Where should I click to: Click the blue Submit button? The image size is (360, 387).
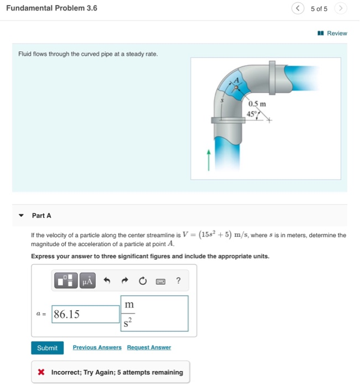click(47, 348)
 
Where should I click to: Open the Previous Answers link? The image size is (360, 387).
click(97, 348)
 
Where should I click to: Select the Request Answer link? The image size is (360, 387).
click(149, 348)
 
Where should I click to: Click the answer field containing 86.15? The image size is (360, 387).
click(86, 314)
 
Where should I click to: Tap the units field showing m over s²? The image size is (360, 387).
click(154, 313)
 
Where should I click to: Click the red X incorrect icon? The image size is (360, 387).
click(41, 372)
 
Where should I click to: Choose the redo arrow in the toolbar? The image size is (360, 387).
click(125, 281)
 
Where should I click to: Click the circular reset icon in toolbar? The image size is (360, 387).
click(143, 281)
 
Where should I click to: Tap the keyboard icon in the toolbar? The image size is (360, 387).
click(160, 281)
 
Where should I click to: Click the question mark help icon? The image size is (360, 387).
click(178, 281)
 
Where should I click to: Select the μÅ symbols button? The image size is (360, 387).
click(87, 281)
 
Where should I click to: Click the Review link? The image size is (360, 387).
click(333, 33)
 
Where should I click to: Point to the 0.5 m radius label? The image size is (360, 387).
click(257, 104)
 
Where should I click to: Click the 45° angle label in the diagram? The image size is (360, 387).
click(253, 114)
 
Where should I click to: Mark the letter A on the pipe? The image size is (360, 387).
click(238, 80)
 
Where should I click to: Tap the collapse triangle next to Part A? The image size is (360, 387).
click(21, 216)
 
